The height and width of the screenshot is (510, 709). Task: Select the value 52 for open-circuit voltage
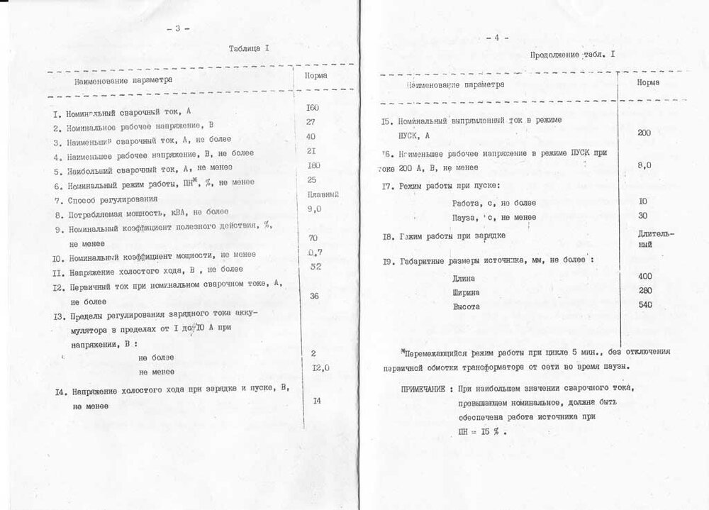click(x=316, y=266)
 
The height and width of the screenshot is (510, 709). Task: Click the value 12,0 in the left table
click(x=320, y=367)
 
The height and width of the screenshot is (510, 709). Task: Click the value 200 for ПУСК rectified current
click(x=644, y=132)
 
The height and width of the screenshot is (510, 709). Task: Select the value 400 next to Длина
click(x=644, y=275)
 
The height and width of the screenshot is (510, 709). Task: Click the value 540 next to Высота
click(x=644, y=305)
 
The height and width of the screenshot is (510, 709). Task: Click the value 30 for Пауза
click(x=642, y=215)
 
